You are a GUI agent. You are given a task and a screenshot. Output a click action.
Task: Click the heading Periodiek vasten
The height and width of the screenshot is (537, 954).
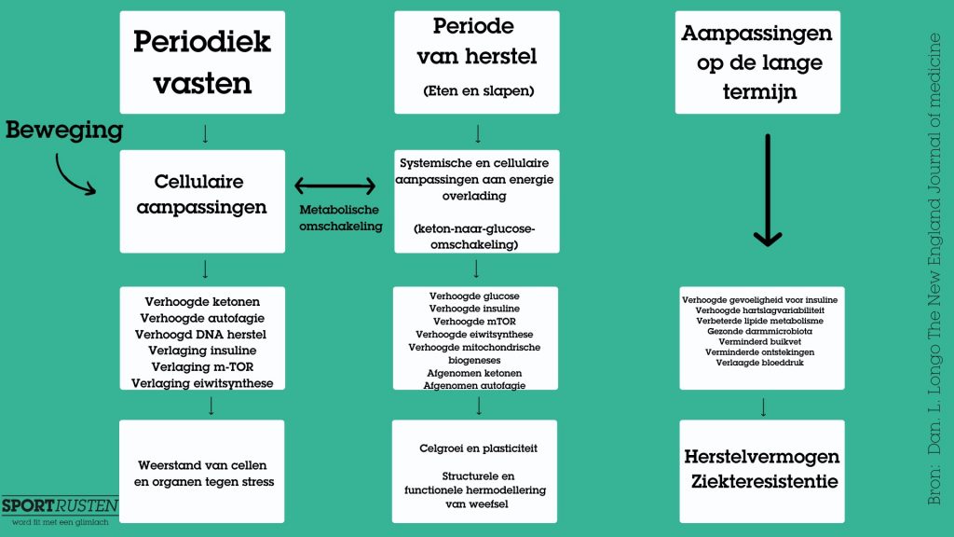click(202, 62)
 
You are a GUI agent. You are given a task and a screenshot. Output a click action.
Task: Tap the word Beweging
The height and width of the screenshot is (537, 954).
click(64, 130)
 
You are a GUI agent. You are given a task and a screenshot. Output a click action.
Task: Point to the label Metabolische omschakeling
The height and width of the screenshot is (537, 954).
click(339, 217)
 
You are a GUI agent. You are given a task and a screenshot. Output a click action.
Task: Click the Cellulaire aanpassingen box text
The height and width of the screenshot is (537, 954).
click(202, 193)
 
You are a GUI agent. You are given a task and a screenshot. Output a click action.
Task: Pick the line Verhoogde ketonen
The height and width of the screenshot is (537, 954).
click(202, 301)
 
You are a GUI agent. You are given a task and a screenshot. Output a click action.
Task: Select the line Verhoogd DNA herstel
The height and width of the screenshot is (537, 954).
click(202, 334)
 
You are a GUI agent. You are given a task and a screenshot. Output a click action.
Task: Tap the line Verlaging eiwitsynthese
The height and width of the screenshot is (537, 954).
click(202, 382)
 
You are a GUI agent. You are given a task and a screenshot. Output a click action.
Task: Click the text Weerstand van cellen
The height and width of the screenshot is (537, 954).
click(202, 464)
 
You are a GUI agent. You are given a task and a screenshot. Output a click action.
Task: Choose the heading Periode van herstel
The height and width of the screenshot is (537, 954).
click(476, 42)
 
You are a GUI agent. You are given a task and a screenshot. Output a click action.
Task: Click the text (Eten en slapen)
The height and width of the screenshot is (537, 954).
click(476, 91)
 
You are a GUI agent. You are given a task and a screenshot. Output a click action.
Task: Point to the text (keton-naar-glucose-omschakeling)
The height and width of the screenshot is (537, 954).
click(476, 236)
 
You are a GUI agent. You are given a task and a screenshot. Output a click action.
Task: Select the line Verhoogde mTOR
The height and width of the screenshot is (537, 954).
click(476, 321)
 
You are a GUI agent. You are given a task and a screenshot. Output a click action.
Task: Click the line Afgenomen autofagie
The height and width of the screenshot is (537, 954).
click(476, 385)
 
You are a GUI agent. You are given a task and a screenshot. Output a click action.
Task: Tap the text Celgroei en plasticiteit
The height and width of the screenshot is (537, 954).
click(478, 448)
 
